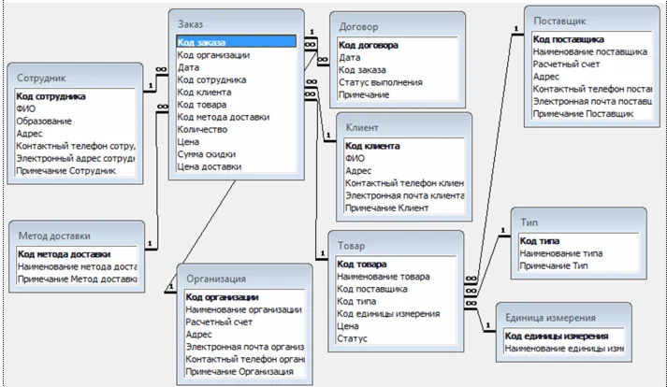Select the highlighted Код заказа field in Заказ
coord(201,42)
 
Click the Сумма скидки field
coord(207,153)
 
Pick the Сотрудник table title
coord(43,78)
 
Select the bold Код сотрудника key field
coord(51,96)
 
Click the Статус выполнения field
coord(379,82)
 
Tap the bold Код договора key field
coord(369,45)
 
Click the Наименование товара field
coord(384,277)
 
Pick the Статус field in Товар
coord(352,338)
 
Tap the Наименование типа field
coord(561,252)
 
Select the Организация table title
coord(216,278)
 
